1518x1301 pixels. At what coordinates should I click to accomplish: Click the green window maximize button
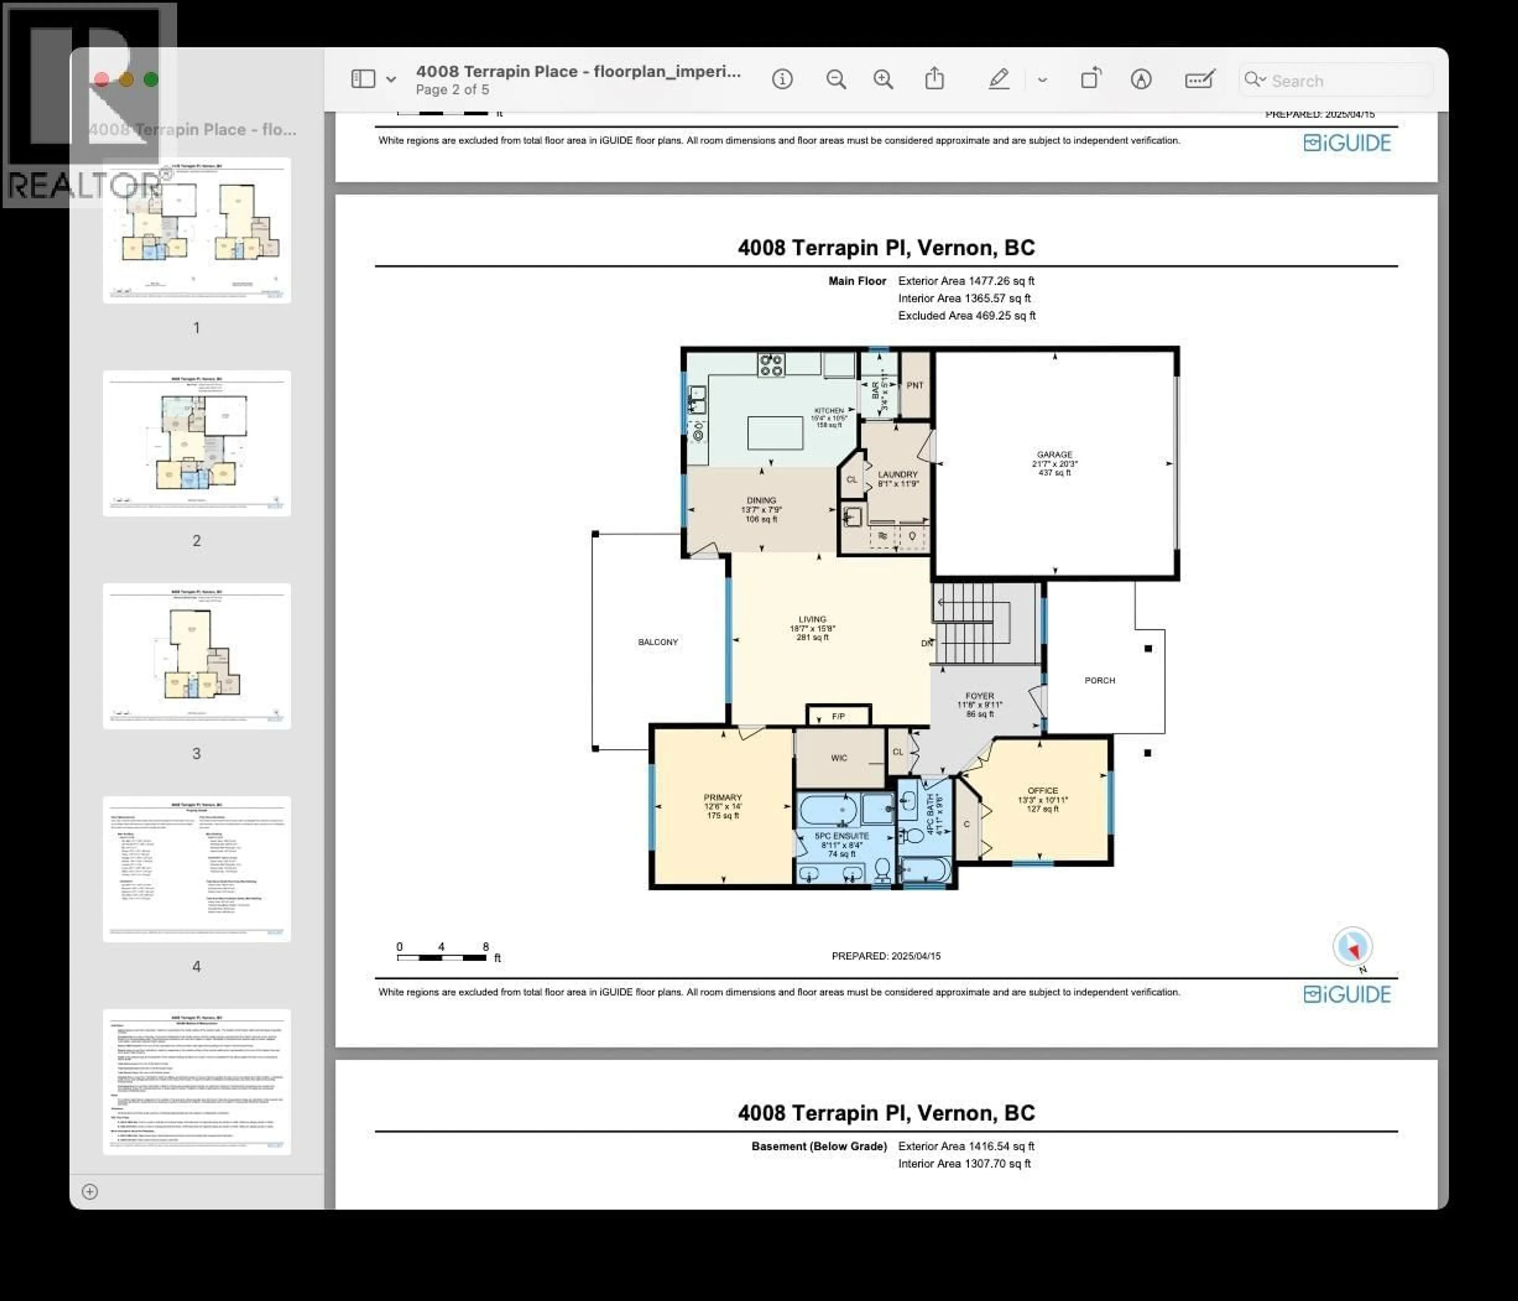point(151,79)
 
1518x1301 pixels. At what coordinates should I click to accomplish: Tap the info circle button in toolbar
point(782,79)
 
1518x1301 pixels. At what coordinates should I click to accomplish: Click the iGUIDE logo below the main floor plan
point(1346,994)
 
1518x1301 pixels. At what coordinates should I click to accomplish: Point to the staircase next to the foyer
point(974,623)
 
